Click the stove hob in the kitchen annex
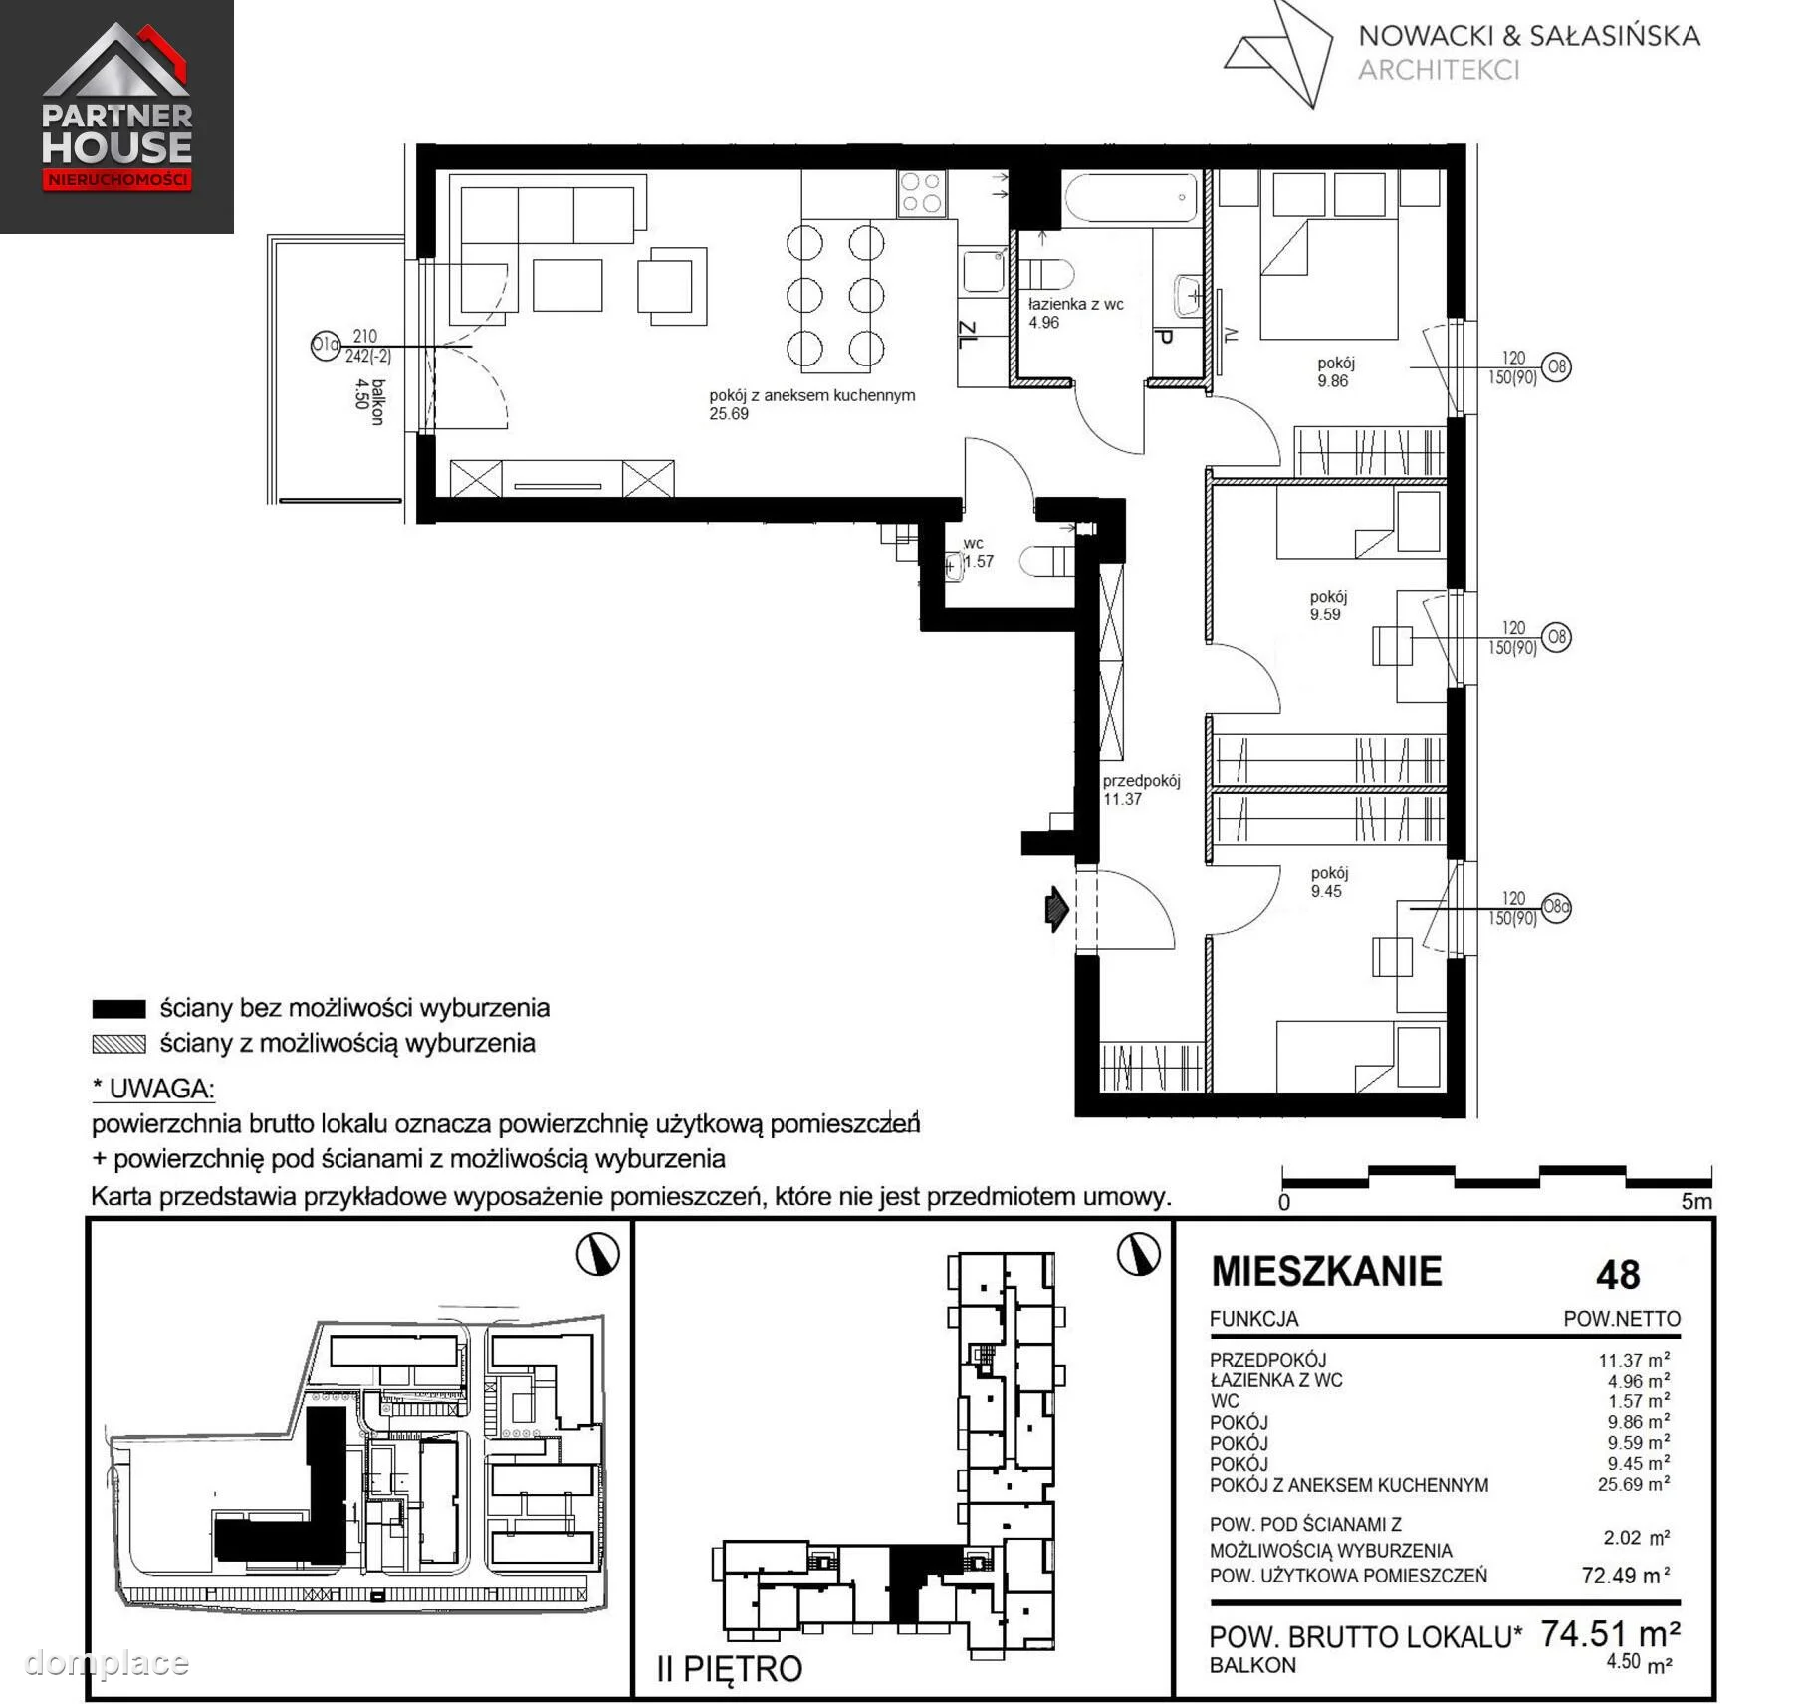click(922, 193)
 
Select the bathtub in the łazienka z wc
click(1131, 199)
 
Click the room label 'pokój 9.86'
click(1334, 372)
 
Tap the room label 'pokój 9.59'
click(1328, 606)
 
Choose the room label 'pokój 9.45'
click(1329, 882)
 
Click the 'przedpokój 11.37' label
click(1141, 790)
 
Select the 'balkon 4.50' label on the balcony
click(369, 401)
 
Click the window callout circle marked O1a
click(326, 346)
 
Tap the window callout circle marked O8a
click(1556, 907)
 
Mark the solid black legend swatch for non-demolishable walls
click(118, 1009)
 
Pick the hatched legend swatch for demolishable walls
click(118, 1044)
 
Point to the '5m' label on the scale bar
click(1696, 1201)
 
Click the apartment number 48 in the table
click(1618, 1275)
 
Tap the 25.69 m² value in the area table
click(1634, 1484)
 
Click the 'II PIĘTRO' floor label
click(730, 1668)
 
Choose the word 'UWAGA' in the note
click(161, 1089)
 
